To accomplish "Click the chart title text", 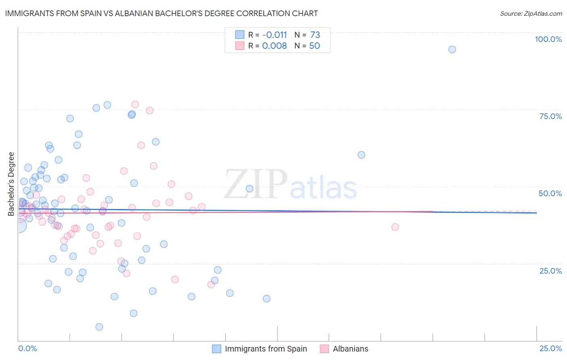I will click(161, 13).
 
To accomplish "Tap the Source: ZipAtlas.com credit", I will click(531, 13).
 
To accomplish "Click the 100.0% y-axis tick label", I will click(548, 39).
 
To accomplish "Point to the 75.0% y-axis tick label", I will click(550, 116).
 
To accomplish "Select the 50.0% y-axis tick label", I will click(550, 193).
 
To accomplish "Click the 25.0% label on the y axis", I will click(550, 271).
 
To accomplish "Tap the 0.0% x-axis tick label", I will click(27, 348).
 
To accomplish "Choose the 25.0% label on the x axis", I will click(550, 348).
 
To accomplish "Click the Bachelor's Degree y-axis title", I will click(11, 184).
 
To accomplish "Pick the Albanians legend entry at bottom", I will click(350, 349).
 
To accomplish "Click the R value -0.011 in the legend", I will click(274, 35).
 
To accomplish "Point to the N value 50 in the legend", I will click(315, 46).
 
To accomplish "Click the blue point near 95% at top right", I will click(452, 49).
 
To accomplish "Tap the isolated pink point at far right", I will click(395, 227).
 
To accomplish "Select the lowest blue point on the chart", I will click(99, 327).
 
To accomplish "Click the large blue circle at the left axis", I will click(19, 226).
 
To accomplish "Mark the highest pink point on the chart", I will click(135, 105).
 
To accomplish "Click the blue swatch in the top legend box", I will click(240, 35).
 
